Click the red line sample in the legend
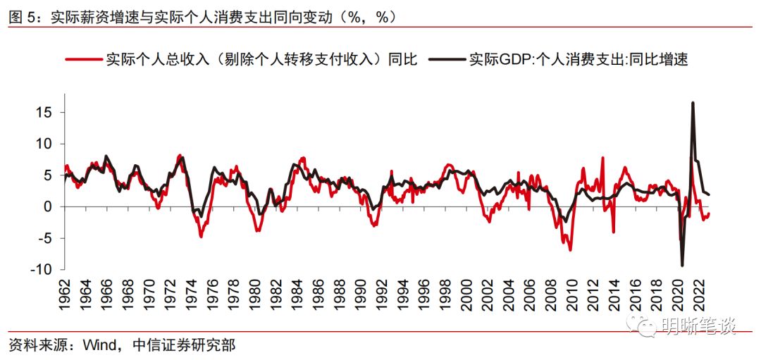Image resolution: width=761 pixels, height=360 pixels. (83, 60)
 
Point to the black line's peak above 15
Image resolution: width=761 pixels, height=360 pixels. (693, 103)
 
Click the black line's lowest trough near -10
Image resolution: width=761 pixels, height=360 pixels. (682, 266)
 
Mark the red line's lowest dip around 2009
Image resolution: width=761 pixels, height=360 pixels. (570, 250)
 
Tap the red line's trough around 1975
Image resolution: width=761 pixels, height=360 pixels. (201, 237)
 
